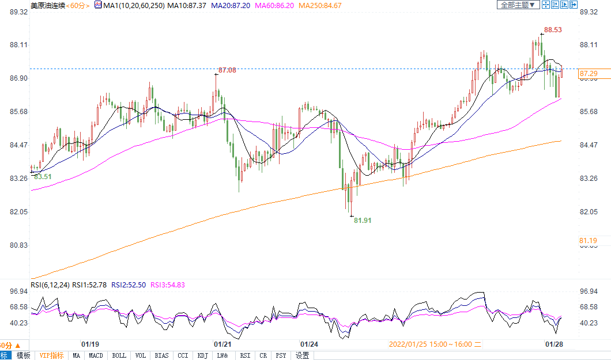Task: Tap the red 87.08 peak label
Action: click(227, 70)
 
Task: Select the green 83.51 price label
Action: click(43, 177)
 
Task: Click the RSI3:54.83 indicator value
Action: click(167, 285)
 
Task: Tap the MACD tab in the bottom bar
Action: click(96, 355)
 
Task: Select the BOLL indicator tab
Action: click(119, 355)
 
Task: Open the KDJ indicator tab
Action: click(202, 355)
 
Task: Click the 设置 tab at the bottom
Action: click(303, 355)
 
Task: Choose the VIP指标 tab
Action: click(51, 355)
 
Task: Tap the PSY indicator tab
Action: click(281, 355)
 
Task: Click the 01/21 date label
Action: click(223, 344)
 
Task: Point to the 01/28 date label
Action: click(554, 344)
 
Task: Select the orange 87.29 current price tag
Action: click(589, 74)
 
